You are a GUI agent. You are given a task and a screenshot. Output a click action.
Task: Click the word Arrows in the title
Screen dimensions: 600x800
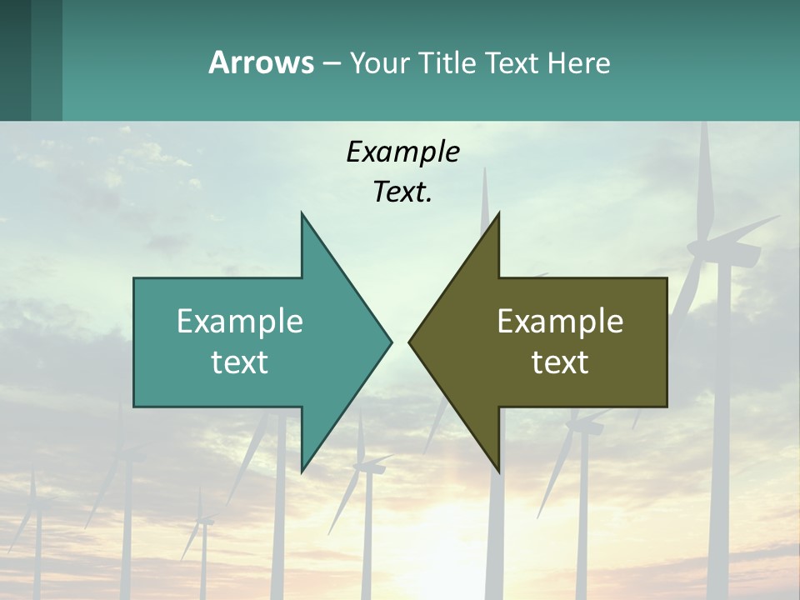(261, 62)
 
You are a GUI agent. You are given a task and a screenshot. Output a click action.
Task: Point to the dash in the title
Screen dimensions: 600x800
(331, 63)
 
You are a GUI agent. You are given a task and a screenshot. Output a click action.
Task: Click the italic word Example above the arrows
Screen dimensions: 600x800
(402, 152)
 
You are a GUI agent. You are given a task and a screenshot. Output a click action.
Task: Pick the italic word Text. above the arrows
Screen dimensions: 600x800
(402, 192)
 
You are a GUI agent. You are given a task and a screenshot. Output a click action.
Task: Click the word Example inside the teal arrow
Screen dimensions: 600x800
(240, 321)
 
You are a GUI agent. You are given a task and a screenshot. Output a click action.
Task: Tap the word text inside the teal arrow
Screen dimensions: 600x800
(240, 362)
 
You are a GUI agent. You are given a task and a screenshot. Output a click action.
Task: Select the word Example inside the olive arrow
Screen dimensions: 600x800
(560, 321)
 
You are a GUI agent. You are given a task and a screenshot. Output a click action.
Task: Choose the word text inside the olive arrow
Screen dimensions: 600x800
(560, 362)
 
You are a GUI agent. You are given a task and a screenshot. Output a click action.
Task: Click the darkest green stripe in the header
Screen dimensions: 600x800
(15, 60)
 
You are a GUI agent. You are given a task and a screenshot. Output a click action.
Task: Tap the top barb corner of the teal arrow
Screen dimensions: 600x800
(302, 213)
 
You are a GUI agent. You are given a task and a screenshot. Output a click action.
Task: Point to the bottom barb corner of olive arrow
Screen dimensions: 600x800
(498, 472)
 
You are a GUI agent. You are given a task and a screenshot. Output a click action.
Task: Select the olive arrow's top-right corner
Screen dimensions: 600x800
(667, 278)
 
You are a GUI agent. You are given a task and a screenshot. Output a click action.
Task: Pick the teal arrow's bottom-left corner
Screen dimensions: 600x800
(134, 406)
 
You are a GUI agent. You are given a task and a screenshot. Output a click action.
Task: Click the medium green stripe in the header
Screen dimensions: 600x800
(47, 60)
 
